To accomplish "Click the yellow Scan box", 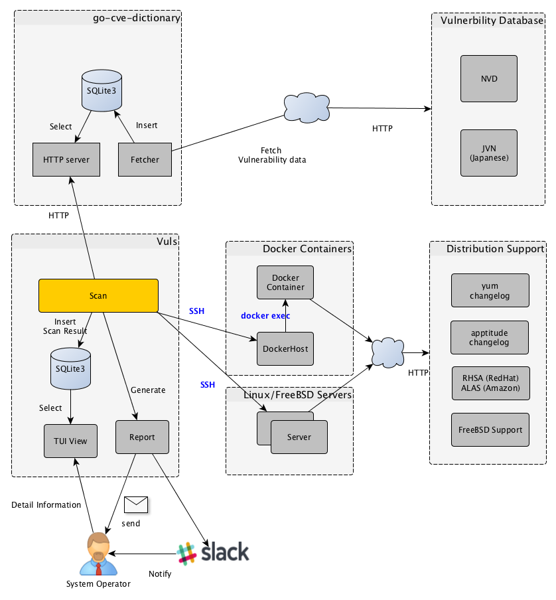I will (98, 295).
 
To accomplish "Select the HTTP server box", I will (66, 159).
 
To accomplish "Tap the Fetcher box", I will (145, 159).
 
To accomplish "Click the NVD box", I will (489, 79).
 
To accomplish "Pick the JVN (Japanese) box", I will (489, 153).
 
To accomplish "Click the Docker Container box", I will (285, 283).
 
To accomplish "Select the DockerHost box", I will (285, 348).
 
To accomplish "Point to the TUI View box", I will (70, 441).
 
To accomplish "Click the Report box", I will (142, 437).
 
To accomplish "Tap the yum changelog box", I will (490, 291).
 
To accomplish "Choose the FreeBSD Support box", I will (490, 429).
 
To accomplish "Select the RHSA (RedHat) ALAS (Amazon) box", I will (490, 383).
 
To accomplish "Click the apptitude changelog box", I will (490, 337).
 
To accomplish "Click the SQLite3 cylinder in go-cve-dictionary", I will (102, 91).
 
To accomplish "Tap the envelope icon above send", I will (135, 505).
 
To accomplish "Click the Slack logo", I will (213, 552).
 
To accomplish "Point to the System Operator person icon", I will (98, 554).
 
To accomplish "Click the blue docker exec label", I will (265, 315).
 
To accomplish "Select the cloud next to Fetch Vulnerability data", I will (306, 106).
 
